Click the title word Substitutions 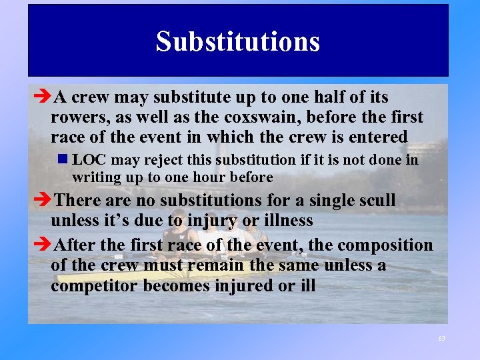[238, 41]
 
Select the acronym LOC [89, 160]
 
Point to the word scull [375, 200]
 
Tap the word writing [94, 177]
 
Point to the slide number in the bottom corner [441, 339]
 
